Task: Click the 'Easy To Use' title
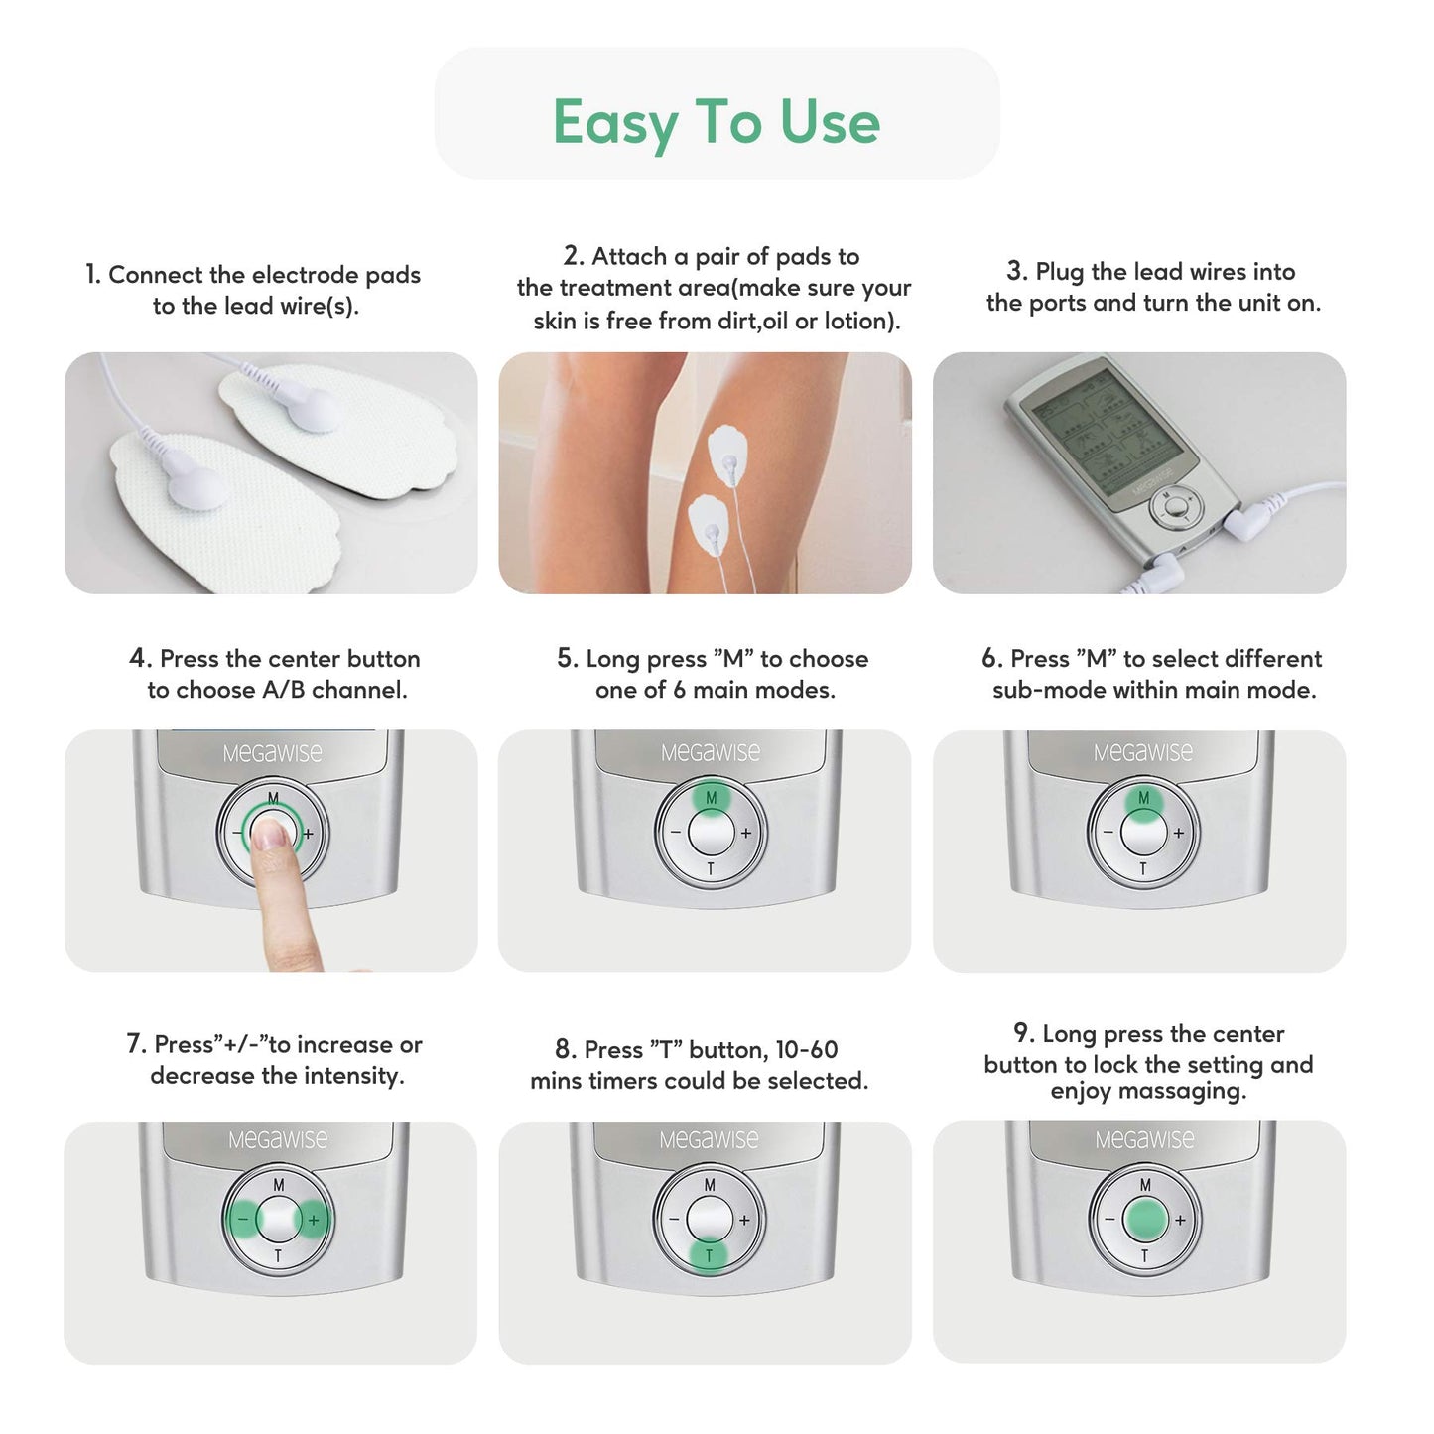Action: tap(717, 121)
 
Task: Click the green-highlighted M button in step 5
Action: tap(711, 798)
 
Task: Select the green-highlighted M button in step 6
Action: tap(1143, 799)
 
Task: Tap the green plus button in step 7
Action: tap(314, 1219)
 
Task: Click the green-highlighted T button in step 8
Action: tap(709, 1255)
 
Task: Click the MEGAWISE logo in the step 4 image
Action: tap(272, 753)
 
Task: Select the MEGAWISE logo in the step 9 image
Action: tap(1144, 1140)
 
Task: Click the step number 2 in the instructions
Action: tap(573, 256)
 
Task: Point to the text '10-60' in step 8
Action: tap(806, 1050)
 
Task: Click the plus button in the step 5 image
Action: tap(746, 834)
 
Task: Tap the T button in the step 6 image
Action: tap(1143, 869)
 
